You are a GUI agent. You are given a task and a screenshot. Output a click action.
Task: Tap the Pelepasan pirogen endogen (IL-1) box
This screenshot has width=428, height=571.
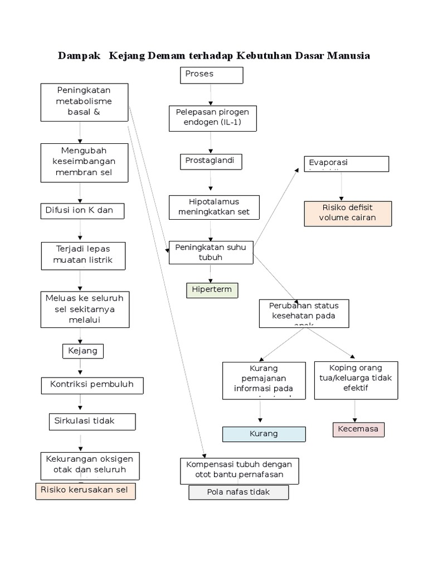212,118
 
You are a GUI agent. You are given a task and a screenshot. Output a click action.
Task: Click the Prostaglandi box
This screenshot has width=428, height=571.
211,161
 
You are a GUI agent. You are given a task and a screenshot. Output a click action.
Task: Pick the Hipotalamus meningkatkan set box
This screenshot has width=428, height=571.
211,207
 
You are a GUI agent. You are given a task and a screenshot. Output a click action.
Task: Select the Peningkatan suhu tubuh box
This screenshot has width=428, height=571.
211,252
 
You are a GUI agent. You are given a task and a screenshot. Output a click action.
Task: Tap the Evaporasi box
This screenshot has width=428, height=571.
346,163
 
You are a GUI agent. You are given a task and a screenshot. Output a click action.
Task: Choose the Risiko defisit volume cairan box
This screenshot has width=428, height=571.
347,213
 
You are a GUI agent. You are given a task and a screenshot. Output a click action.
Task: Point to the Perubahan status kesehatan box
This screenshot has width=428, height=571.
304,313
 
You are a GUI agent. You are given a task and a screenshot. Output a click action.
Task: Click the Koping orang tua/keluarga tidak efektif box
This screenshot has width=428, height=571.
356,380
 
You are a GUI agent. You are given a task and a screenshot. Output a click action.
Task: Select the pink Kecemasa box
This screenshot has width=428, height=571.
358,429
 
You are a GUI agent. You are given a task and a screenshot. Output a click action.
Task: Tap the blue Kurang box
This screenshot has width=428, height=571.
264,434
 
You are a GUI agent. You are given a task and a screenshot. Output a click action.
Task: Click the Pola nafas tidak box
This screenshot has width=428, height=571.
239,492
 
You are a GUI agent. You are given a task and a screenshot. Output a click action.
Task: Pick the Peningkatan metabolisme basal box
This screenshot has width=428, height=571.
84,102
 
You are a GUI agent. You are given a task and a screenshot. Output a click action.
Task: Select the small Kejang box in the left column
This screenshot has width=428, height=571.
82,351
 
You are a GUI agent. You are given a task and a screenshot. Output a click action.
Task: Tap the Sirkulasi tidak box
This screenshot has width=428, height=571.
91,421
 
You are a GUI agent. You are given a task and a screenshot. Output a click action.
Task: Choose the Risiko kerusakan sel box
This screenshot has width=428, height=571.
85,491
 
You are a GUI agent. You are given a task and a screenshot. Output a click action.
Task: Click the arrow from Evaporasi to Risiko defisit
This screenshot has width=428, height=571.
342,186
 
